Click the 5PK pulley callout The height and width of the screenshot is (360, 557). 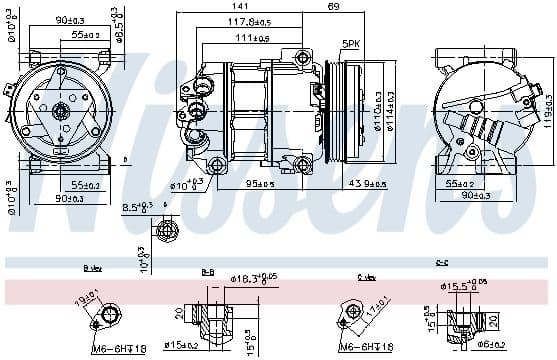351,44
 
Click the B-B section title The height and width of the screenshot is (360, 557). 207,270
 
